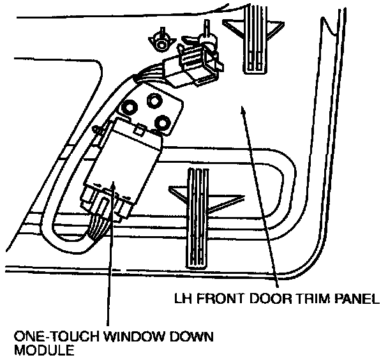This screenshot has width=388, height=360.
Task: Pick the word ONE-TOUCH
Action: click(x=54, y=336)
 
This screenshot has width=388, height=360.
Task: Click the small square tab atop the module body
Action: click(x=139, y=131)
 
